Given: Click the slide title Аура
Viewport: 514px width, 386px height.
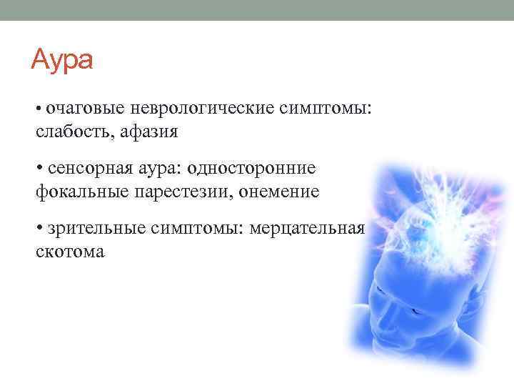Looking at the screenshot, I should click(62, 59).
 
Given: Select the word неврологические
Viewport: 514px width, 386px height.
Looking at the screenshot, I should click(193, 107).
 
